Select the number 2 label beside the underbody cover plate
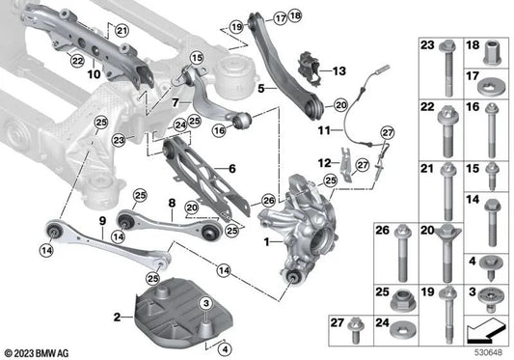(116, 316)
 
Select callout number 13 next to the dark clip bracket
(338, 71)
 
